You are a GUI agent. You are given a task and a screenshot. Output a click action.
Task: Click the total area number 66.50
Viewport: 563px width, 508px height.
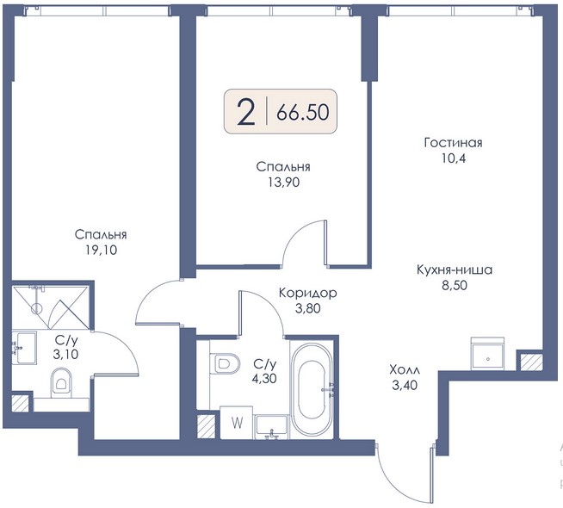(302, 112)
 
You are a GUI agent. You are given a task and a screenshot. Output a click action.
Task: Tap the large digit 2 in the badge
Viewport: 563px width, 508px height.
(246, 112)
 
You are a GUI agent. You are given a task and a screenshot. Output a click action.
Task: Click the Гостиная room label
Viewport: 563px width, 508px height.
(453, 143)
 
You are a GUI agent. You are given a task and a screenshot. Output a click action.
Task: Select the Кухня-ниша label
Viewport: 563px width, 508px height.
(455, 269)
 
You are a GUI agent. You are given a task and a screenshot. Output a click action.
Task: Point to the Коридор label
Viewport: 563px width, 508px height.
(307, 293)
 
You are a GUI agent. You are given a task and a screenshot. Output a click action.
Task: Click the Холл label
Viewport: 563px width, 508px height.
(405, 369)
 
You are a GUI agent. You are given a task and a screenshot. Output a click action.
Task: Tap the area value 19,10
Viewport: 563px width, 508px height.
(102, 250)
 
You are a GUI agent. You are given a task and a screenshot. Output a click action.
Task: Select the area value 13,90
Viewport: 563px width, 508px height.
(283, 183)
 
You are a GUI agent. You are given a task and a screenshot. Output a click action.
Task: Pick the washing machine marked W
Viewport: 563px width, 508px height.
(236, 423)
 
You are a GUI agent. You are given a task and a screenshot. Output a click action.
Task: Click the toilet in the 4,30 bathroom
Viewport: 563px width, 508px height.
(225, 364)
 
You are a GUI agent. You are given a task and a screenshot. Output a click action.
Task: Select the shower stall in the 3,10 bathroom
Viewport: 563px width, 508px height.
(50, 307)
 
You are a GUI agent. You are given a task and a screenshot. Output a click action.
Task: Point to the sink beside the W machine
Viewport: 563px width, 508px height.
(271, 427)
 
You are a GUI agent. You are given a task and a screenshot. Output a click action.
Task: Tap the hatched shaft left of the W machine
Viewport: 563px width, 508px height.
(206, 426)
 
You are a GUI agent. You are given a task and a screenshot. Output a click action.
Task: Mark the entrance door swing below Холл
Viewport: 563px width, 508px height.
(404, 474)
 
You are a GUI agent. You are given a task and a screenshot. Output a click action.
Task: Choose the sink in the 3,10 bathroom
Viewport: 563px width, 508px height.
(24, 348)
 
